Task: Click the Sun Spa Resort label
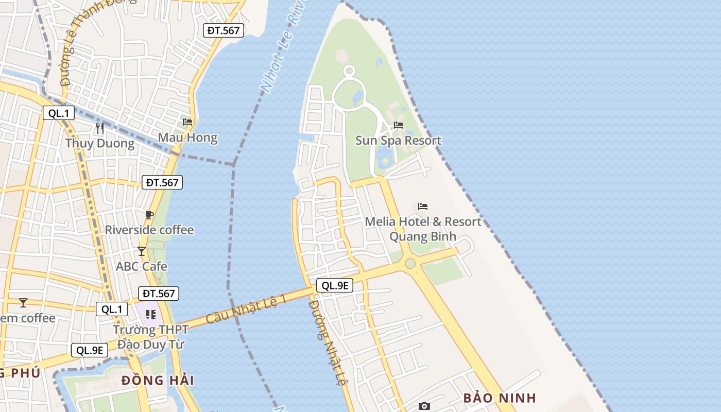point(398,141)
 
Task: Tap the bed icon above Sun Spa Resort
point(399,125)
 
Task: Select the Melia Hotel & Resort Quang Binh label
point(423,229)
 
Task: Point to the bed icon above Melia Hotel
point(423,207)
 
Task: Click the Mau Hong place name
point(187,138)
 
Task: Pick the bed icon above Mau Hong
point(187,122)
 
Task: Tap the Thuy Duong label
point(99,143)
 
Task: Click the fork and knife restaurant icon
point(100,128)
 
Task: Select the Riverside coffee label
point(149,230)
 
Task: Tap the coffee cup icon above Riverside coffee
point(149,215)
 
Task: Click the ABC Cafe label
point(142,267)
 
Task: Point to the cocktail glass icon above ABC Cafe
point(142,251)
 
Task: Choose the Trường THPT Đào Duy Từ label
point(149,337)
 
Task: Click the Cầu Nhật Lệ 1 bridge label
point(246,309)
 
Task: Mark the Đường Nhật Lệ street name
point(328,343)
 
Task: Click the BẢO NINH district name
point(500,398)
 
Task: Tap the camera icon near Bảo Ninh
point(424,406)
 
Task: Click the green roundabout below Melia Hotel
point(410,264)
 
